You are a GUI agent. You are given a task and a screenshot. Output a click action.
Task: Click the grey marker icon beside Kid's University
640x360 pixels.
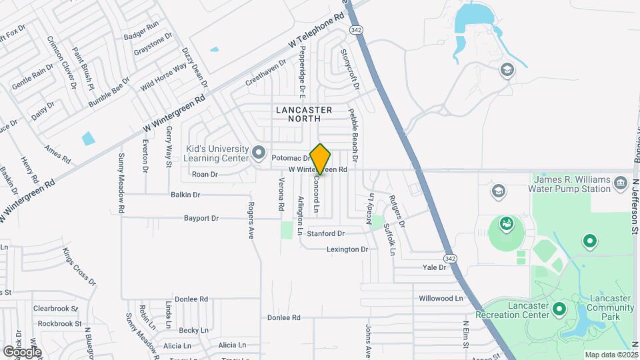coord(259,153)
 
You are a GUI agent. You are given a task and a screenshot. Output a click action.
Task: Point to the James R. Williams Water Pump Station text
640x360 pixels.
coord(570,185)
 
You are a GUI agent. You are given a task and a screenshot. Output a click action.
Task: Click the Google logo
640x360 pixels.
coord(21,351)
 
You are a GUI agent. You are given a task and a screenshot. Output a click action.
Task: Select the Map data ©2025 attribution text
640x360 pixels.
coord(611,355)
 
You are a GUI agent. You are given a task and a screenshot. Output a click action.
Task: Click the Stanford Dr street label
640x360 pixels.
coord(325,234)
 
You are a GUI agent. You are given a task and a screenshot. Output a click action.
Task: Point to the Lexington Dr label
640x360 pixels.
coord(347,249)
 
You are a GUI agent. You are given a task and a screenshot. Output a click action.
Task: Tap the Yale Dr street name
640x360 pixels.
coord(433,267)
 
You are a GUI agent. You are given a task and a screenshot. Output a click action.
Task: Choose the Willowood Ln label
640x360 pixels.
coord(440,298)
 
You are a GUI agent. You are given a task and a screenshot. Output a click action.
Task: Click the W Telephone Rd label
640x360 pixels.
coord(320,31)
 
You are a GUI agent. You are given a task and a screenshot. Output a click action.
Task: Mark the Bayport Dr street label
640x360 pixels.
coord(201,218)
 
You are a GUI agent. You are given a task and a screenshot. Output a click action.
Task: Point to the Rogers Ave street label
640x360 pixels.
coord(252,221)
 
